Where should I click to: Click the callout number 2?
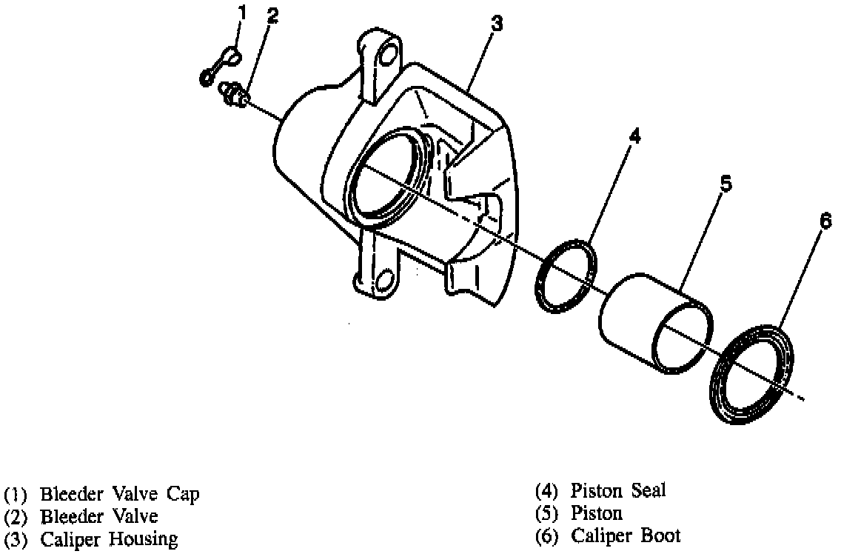click(272, 17)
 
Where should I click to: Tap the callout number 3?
click(497, 24)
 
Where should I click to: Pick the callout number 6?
click(826, 220)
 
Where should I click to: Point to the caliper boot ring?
click(752, 374)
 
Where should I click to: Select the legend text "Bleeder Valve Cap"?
click(119, 493)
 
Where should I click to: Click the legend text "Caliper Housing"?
click(109, 538)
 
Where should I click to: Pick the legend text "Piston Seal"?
click(617, 490)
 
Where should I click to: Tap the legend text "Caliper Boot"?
click(625, 535)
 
